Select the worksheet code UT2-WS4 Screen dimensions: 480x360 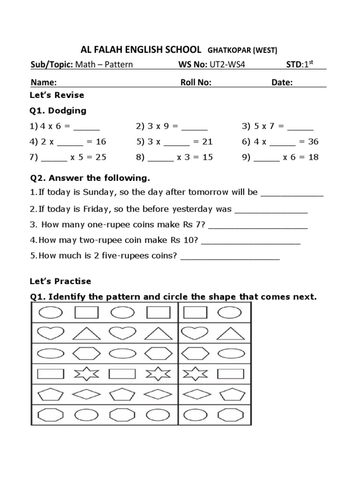pos(229,64)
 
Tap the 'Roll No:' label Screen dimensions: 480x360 pos(196,83)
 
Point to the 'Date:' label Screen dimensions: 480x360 pos(282,83)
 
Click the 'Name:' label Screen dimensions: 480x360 pos(44,83)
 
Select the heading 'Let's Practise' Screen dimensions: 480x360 pos(60,282)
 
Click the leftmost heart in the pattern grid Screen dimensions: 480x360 pos(50,332)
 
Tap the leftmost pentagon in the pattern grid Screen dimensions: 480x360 pos(50,395)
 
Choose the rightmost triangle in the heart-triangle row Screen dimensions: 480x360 pos(230,333)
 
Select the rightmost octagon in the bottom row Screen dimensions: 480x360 pos(230,415)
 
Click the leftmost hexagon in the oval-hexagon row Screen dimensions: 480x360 pos(86,353)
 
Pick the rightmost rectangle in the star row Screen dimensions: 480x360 pos(230,374)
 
